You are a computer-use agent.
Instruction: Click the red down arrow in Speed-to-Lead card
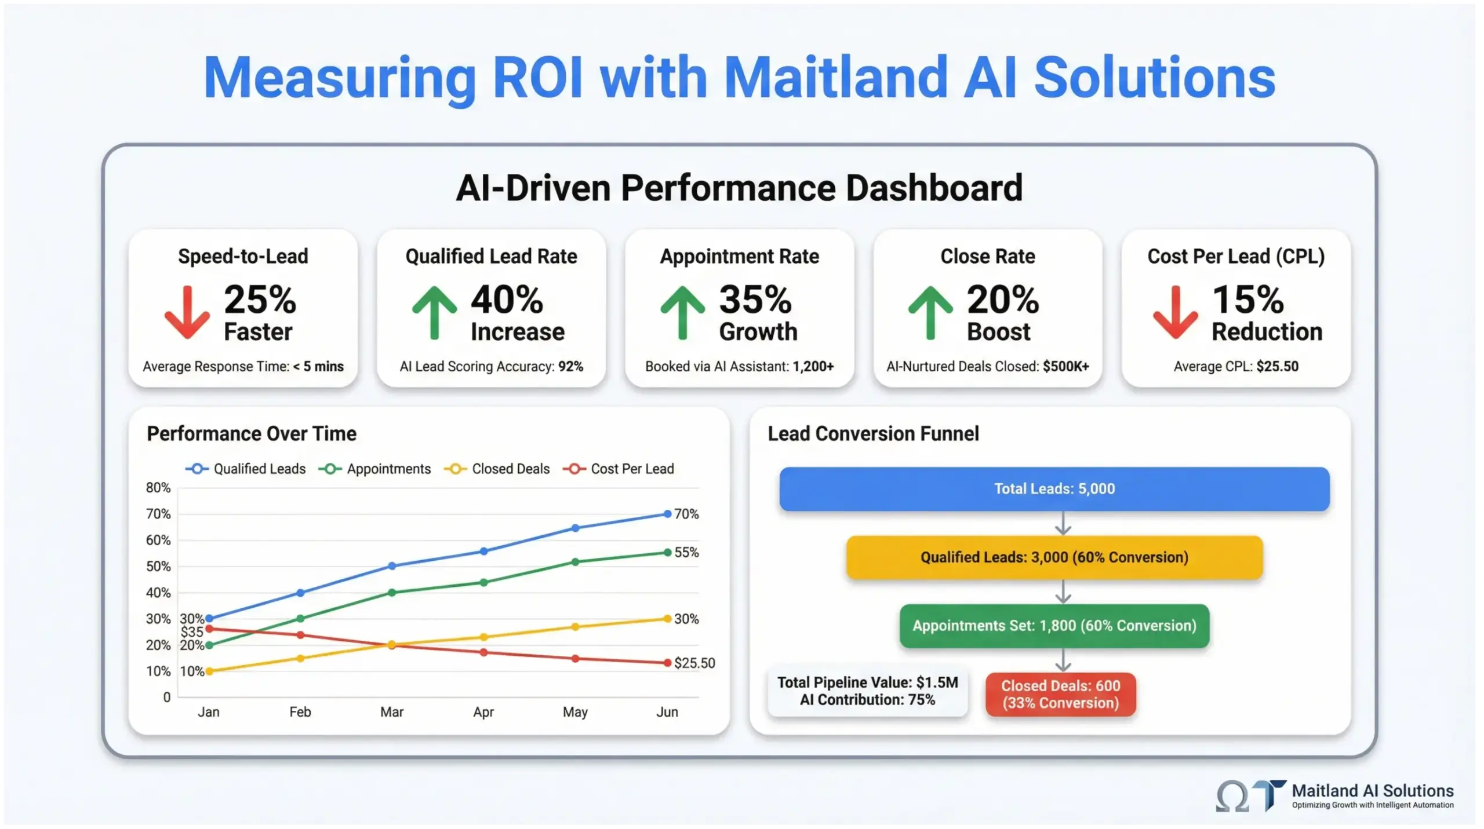[187, 312]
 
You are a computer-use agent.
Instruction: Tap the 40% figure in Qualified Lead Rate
[507, 300]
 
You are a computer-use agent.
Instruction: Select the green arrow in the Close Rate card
[930, 312]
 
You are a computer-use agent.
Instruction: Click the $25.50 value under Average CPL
[1277, 367]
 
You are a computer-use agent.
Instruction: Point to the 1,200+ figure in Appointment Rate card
[813, 367]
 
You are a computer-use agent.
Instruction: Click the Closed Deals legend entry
[497, 469]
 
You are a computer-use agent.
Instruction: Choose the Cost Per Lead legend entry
[619, 469]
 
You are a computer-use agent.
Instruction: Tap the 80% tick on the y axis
[158, 488]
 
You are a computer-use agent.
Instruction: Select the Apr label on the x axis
[483, 712]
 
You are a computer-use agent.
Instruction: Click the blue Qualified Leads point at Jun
[667, 514]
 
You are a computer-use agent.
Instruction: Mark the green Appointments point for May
[575, 562]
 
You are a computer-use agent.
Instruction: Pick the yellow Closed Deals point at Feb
[300, 658]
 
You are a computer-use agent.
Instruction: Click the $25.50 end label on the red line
[694, 663]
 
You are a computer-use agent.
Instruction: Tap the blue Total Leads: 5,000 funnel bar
[1054, 489]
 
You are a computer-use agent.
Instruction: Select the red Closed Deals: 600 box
[1060, 694]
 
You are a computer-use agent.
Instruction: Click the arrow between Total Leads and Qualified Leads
[1063, 523]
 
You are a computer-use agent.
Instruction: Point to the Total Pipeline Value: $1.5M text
[867, 682]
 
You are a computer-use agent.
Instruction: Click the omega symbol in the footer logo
[1232, 797]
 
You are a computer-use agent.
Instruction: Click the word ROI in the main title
[537, 78]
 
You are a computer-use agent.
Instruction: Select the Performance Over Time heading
[251, 434]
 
